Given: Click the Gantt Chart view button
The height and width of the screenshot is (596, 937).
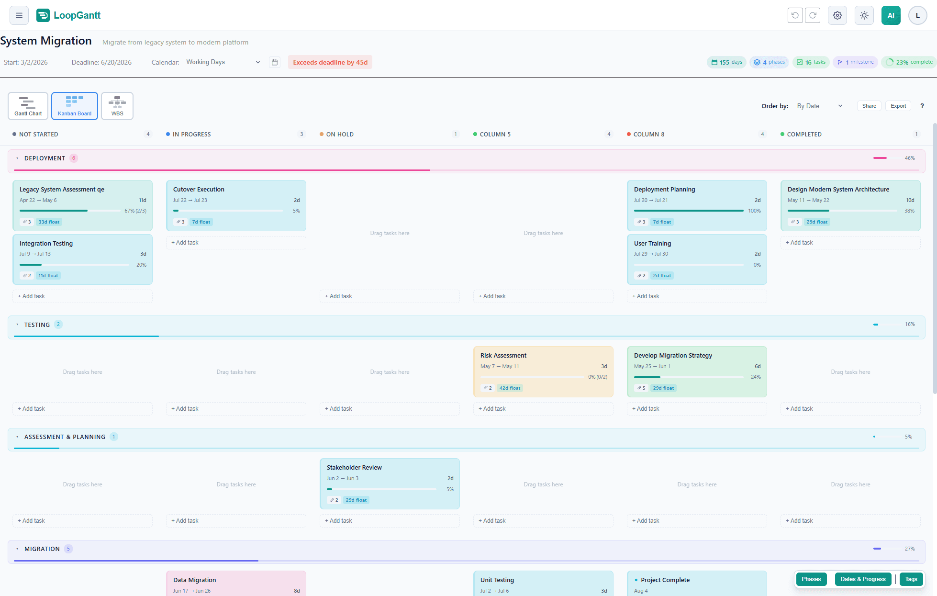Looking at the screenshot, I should pyautogui.click(x=28, y=106).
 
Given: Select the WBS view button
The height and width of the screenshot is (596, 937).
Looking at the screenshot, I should pyautogui.click(x=117, y=106).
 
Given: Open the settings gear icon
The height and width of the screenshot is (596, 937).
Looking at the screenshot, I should pyautogui.click(x=837, y=15).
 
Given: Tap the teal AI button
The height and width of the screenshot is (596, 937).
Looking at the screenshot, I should pyautogui.click(x=891, y=15).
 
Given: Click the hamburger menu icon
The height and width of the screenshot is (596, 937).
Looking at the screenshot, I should pyautogui.click(x=19, y=15).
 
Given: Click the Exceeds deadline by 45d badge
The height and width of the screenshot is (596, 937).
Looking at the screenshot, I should pyautogui.click(x=330, y=62).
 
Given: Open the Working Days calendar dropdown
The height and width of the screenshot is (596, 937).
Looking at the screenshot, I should pyautogui.click(x=223, y=62).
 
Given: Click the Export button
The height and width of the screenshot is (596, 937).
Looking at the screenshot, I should pyautogui.click(x=898, y=106).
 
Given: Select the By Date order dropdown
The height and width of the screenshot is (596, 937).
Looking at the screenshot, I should pyautogui.click(x=819, y=106).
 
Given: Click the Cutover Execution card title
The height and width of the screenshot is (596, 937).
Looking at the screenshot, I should pyautogui.click(x=199, y=189).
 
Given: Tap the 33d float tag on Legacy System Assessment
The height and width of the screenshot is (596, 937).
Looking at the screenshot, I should pyautogui.click(x=49, y=222).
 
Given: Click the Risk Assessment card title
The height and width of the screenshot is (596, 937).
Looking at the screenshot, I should pyautogui.click(x=503, y=355).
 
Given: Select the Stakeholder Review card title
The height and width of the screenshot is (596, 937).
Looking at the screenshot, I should pyautogui.click(x=354, y=467).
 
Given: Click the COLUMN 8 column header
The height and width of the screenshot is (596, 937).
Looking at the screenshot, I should pyautogui.click(x=648, y=134).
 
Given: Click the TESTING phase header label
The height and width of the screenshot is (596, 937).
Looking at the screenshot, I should pyautogui.click(x=37, y=325).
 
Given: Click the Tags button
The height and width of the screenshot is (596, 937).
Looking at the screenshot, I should pyautogui.click(x=911, y=579).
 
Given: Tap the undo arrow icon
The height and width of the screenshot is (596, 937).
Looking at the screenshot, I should pyautogui.click(x=795, y=15).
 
